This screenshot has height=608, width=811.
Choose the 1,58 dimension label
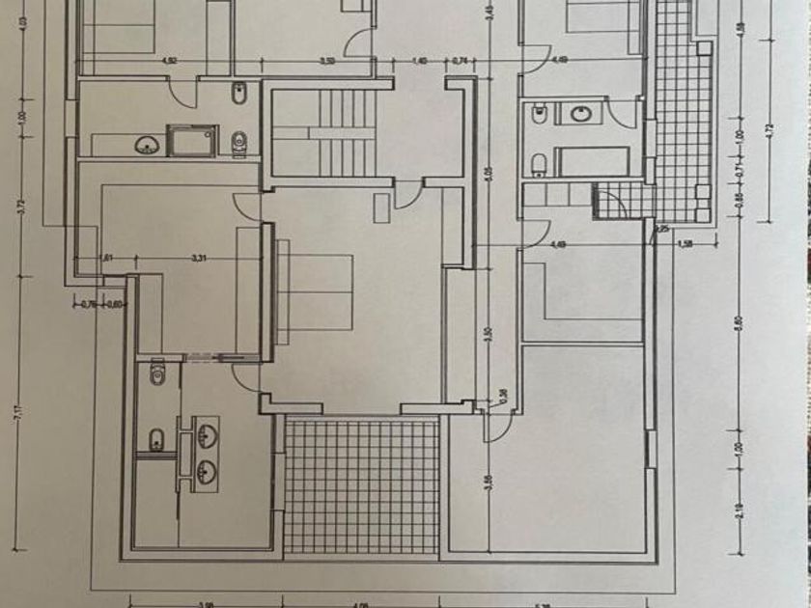pyautogui.click(x=686, y=243)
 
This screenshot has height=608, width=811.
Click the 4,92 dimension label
pyautogui.click(x=170, y=61)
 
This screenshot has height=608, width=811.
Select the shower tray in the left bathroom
pyautogui.click(x=191, y=141)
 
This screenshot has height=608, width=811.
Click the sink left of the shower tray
pyautogui.click(x=147, y=145)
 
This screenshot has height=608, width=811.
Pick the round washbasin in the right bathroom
pyautogui.click(x=581, y=115)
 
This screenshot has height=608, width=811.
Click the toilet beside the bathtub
pyautogui.click(x=541, y=162)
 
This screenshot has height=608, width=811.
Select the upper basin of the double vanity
pyautogui.click(x=206, y=435)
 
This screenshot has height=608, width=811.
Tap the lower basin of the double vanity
pyautogui.click(x=206, y=471)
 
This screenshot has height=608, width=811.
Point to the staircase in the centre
pyautogui.click(x=323, y=132)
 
